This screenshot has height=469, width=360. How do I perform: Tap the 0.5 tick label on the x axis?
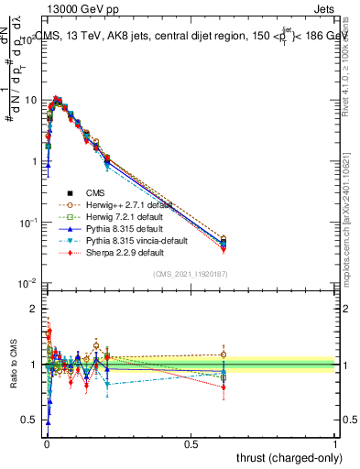[191, 443]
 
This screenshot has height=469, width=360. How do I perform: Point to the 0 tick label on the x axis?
[46, 443]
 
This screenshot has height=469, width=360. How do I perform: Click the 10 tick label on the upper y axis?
[31, 99]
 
